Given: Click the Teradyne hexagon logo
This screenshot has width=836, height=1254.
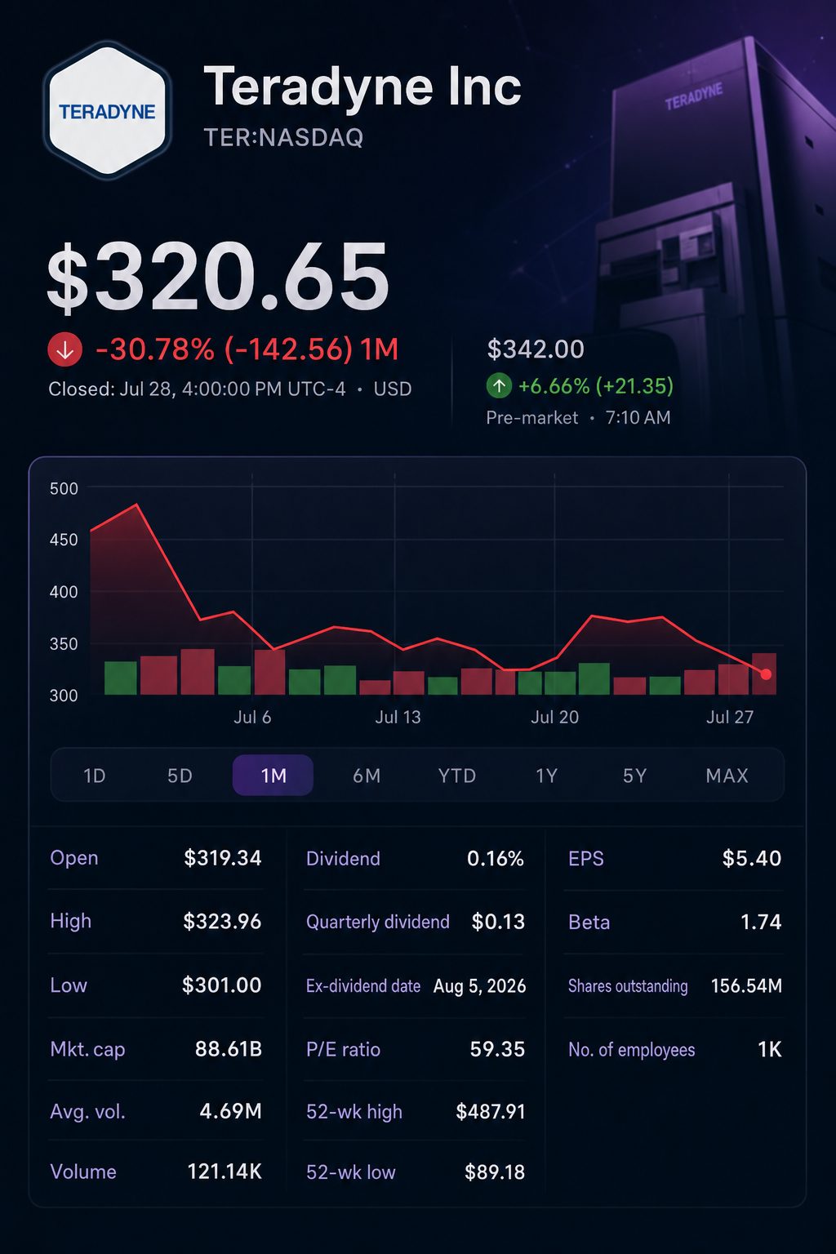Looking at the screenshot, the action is point(107,110).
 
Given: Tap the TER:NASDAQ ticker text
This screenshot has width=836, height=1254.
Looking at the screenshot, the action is point(283,138).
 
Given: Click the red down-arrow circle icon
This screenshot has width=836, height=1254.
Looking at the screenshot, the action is point(65,350).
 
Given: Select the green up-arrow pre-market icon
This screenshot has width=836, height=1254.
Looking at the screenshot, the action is point(499,385).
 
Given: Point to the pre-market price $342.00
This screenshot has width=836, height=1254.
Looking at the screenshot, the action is point(536,349).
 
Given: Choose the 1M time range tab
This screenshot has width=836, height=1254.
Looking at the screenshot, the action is point(273,776).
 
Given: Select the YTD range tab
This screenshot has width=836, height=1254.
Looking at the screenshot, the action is point(457,776).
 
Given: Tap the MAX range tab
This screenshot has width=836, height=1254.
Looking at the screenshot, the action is point(727,776).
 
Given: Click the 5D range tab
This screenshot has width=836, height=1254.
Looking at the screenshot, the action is point(180,776).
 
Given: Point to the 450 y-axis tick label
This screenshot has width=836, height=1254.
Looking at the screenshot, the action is point(64,540).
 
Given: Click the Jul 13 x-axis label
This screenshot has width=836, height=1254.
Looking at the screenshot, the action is point(398,717).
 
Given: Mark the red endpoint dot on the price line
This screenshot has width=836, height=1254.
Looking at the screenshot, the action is point(766,674).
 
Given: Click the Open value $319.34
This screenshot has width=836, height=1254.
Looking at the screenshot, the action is point(223,858).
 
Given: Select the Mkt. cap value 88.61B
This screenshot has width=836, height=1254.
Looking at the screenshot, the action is point(229,1049).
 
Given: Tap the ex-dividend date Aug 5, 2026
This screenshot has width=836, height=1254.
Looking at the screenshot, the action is point(480,986).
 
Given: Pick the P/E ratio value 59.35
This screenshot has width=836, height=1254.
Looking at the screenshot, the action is point(497,1049).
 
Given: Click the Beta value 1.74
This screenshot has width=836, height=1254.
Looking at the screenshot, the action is point(761,922).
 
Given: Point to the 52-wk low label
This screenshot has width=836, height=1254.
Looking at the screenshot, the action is point(351,1172).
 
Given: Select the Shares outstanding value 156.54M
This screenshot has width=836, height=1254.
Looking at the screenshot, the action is point(746,986).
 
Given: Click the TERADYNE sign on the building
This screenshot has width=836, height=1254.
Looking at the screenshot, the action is point(694,97).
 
